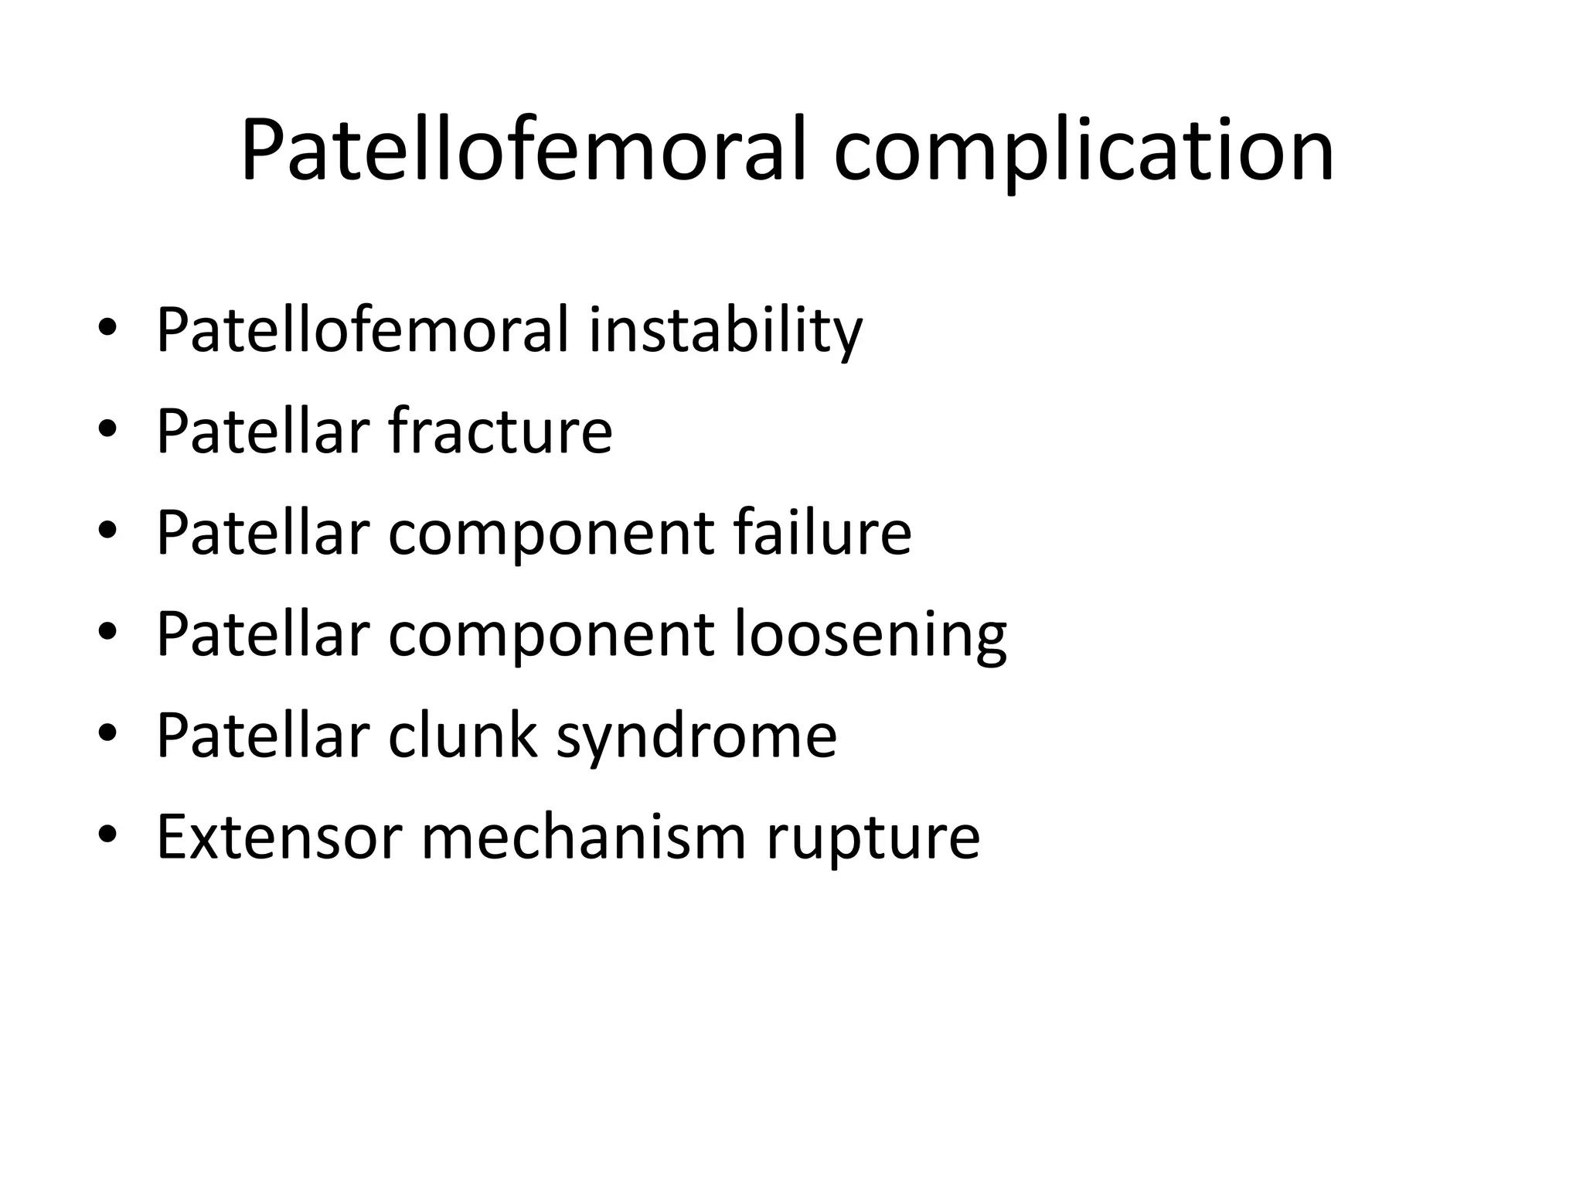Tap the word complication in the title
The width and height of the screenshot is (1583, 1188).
tap(1083, 152)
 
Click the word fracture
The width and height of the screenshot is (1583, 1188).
tap(500, 431)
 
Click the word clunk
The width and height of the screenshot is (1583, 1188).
tap(462, 735)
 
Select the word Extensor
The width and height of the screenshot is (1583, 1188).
tap(279, 837)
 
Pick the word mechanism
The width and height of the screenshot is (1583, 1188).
tap(584, 837)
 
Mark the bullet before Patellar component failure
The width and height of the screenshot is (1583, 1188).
tap(107, 532)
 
